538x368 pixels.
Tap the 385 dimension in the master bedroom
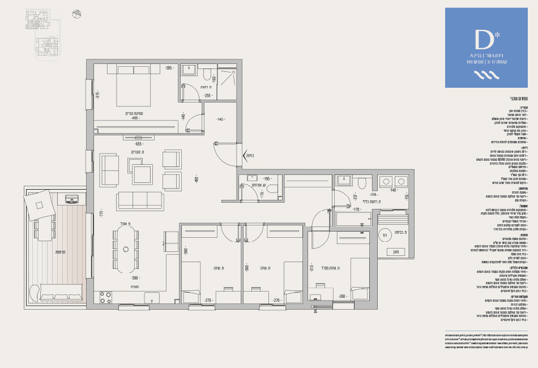(x=168, y=69)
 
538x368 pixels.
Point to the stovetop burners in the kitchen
(x=106, y=298)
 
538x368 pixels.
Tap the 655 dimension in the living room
(x=138, y=144)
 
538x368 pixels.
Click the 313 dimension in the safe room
(x=311, y=268)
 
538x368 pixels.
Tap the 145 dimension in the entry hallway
(x=220, y=119)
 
